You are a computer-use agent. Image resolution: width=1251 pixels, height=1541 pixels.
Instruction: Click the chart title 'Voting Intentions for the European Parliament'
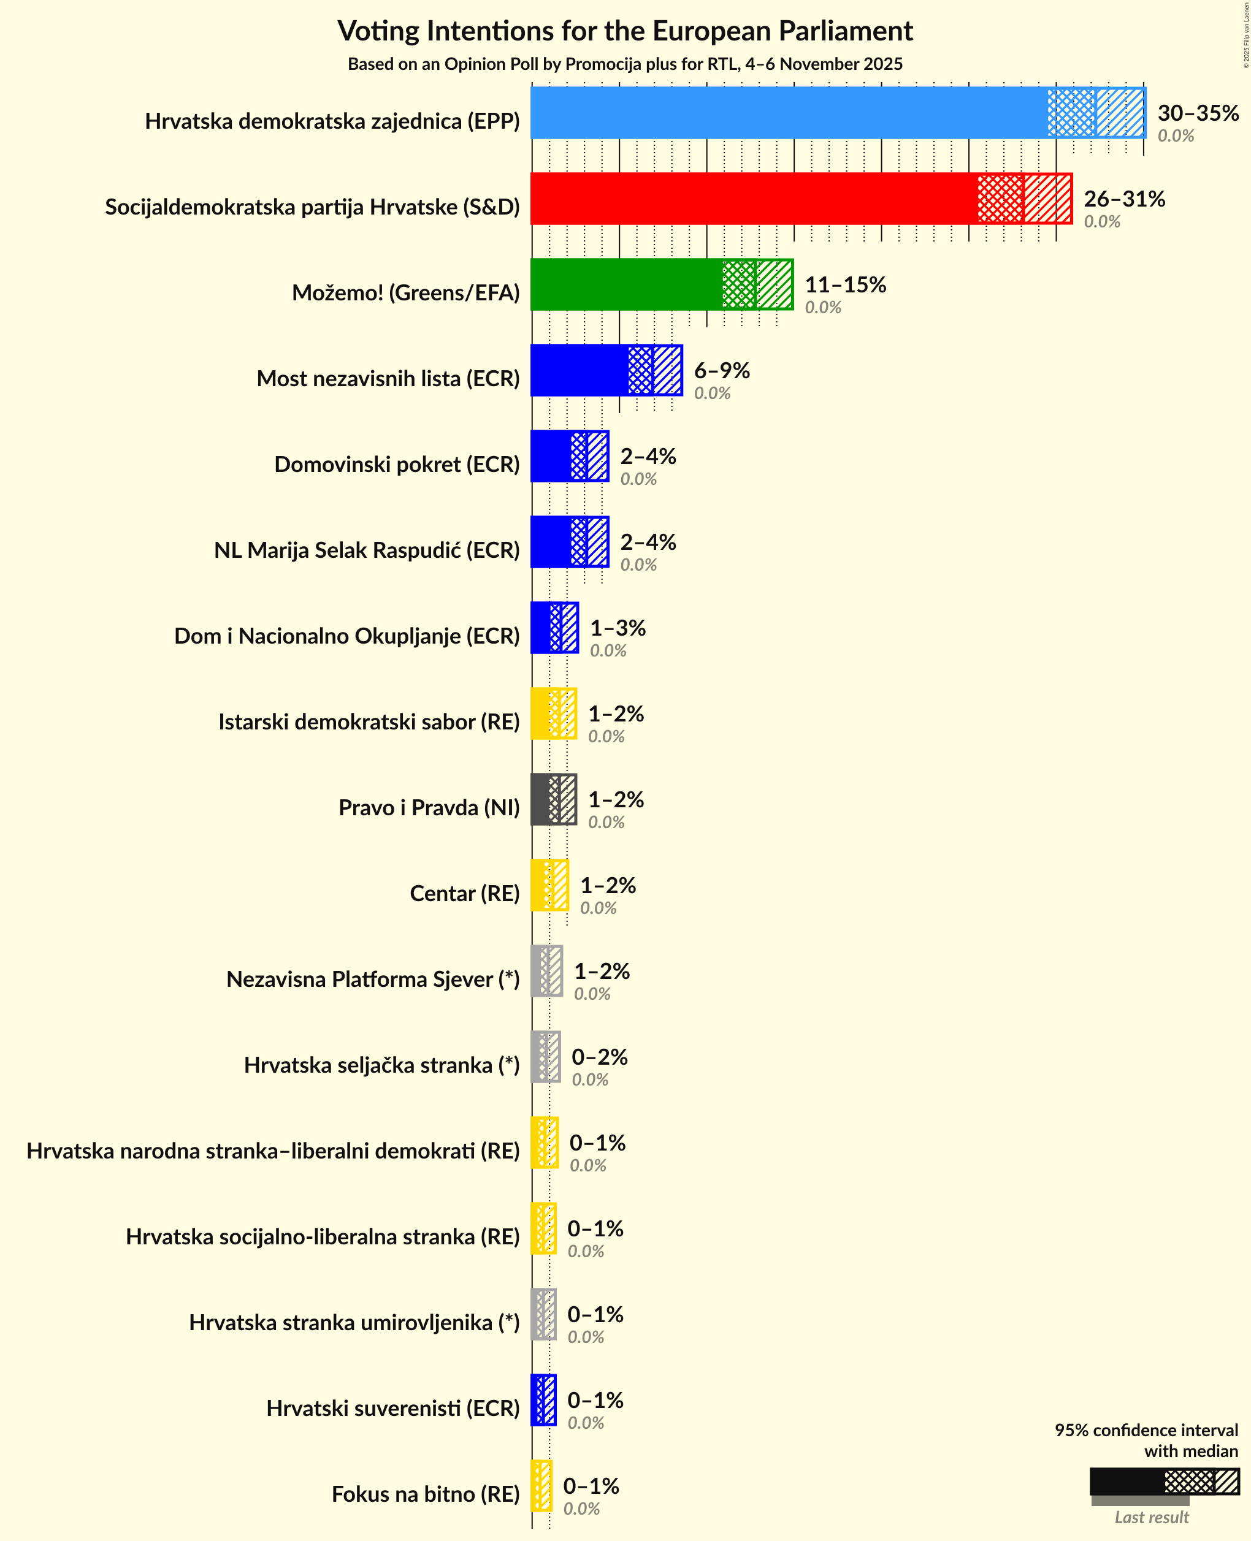pyautogui.click(x=625, y=32)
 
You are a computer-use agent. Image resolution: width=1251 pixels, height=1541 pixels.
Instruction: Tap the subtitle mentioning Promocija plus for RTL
pyautogui.click(x=625, y=64)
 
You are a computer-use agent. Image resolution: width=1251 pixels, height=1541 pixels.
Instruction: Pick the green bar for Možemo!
pyautogui.click(x=626, y=284)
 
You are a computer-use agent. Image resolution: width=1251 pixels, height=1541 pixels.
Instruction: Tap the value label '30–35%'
pyautogui.click(x=1198, y=113)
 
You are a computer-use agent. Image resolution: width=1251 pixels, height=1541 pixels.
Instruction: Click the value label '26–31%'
pyautogui.click(x=1124, y=199)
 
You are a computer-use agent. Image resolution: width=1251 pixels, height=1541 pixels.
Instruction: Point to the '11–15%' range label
pyautogui.click(x=844, y=284)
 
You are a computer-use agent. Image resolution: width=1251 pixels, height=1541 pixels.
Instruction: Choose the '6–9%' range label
pyautogui.click(x=721, y=370)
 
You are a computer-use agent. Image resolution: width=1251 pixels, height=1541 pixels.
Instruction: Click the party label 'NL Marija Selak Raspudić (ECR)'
pyautogui.click(x=367, y=550)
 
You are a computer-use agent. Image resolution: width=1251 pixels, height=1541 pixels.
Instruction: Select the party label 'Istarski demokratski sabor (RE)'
pyautogui.click(x=369, y=722)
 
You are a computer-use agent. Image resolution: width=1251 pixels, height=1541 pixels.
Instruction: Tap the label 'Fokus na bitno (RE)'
pyautogui.click(x=425, y=1494)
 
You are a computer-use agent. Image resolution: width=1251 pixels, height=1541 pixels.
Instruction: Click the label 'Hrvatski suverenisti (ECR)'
pyautogui.click(x=392, y=1409)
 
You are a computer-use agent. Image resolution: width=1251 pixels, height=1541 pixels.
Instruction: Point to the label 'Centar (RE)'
pyautogui.click(x=464, y=893)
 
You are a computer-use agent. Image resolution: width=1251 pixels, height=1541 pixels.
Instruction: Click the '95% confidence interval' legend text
pyautogui.click(x=1146, y=1430)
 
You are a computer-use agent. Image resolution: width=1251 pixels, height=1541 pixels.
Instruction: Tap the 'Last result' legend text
pyautogui.click(x=1151, y=1517)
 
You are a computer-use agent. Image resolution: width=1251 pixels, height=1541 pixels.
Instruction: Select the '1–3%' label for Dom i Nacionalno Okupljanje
pyautogui.click(x=618, y=628)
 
